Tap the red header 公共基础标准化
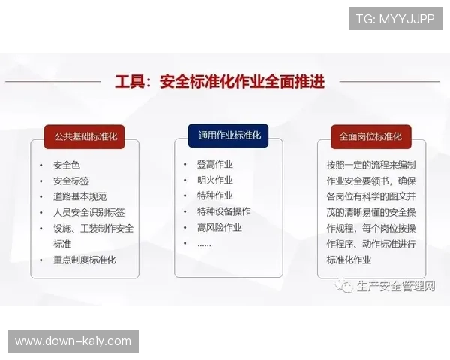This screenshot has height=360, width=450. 85,137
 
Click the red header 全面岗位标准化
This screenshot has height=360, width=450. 370,137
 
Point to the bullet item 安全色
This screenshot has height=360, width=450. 67,165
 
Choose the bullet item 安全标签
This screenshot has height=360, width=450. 71,181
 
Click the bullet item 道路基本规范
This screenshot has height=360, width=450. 80,196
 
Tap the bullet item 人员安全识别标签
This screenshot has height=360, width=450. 89,212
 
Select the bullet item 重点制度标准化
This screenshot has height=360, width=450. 85,259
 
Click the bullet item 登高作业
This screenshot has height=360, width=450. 214,164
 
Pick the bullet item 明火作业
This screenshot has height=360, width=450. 214,180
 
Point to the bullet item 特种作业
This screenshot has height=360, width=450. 214,196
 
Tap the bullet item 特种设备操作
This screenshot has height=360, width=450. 223,211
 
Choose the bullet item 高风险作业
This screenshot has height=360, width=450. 219,227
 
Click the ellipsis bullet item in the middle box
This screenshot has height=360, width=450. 204,243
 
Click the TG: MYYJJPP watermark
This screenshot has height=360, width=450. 395,19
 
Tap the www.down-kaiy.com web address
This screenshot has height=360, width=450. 73,341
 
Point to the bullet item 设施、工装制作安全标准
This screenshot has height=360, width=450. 93,235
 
